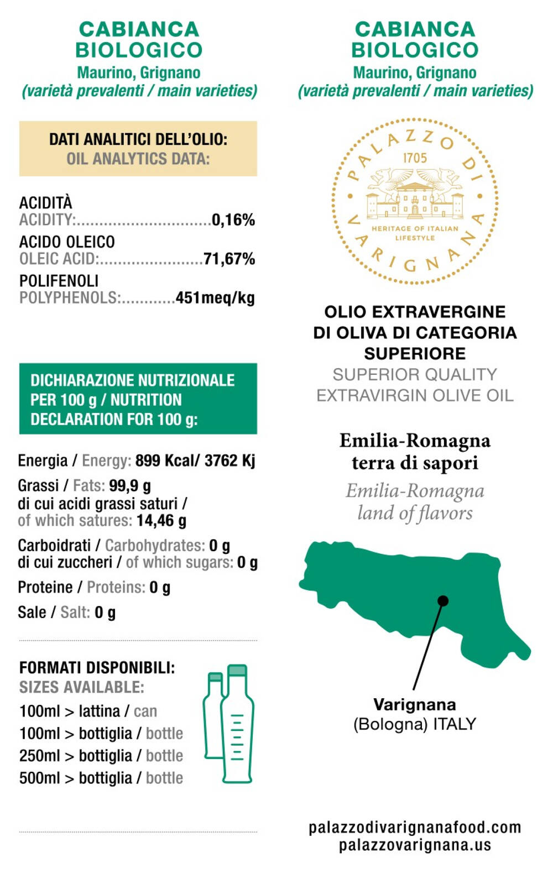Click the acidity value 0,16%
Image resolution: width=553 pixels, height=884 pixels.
click(233, 220)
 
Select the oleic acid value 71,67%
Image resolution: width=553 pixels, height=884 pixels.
click(229, 259)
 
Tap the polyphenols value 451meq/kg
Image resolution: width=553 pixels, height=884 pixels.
click(215, 298)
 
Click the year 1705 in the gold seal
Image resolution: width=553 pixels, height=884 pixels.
click(415, 158)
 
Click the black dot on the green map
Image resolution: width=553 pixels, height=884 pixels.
click(442, 600)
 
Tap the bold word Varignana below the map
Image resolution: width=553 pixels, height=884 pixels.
click(415, 704)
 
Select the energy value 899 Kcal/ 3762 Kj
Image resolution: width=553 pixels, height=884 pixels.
click(195, 461)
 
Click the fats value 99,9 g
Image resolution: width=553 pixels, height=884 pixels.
click(130, 486)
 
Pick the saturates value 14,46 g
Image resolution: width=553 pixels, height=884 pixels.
click(161, 521)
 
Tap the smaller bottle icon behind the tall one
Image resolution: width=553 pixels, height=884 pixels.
click(213, 713)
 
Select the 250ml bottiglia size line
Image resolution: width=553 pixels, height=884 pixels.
click(101, 756)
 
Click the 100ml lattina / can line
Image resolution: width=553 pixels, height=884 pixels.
click(88, 711)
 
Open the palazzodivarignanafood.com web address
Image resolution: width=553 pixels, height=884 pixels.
click(415, 827)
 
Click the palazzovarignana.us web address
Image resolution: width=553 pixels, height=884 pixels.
click(415, 845)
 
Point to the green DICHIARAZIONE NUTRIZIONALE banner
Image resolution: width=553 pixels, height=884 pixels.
click(138, 399)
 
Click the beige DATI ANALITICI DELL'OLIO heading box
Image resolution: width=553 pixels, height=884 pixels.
click(138, 149)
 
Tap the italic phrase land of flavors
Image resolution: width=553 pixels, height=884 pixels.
click(415, 513)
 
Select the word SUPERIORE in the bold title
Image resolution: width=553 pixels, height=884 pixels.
click(415, 353)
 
